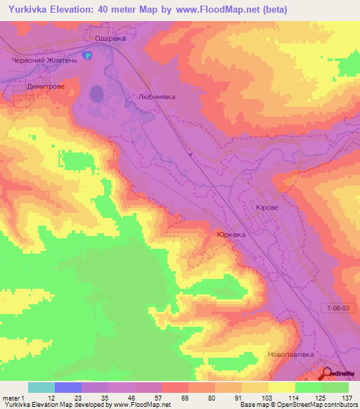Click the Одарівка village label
click(x=110, y=39)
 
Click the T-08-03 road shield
click(x=340, y=307)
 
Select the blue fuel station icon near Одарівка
click(x=87, y=55)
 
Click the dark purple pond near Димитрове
click(x=96, y=93)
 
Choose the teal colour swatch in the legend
click(x=41, y=387)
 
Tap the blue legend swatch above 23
click(x=68, y=387)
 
